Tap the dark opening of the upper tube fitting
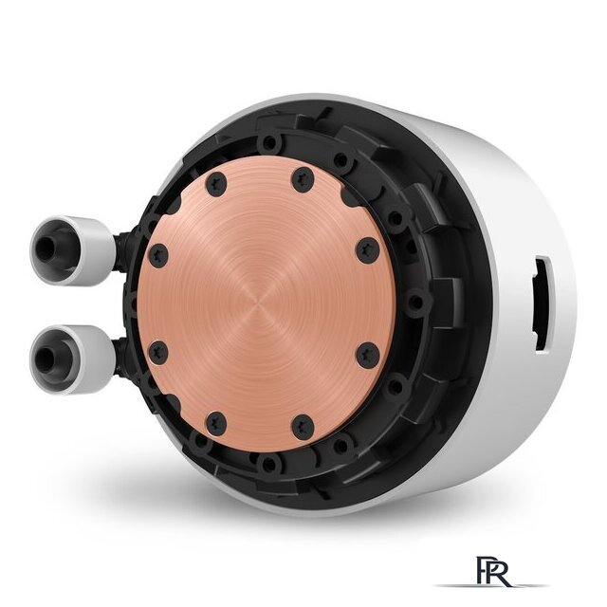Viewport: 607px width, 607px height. (46, 248)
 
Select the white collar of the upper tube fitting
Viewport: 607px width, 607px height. (73, 250)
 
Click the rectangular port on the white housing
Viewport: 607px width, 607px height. (543, 305)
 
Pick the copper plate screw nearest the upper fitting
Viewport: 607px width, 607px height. (158, 255)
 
